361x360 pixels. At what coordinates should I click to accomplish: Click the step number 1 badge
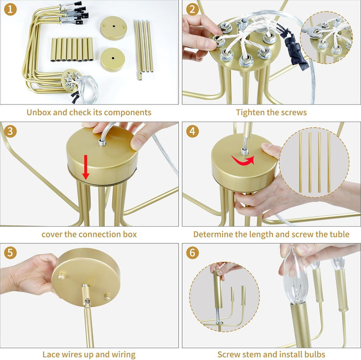pyautogui.click(x=10, y=10)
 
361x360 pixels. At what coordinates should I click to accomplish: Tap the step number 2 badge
pyautogui.click(x=192, y=10)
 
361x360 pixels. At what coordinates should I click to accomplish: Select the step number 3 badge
pyautogui.click(x=10, y=131)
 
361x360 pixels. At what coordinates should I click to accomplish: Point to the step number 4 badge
pyautogui.click(x=192, y=131)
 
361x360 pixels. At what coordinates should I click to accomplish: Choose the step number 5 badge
pyautogui.click(x=10, y=253)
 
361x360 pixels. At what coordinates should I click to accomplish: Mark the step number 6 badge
pyautogui.click(x=192, y=253)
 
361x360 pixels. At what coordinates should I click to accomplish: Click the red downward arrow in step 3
pyautogui.click(x=86, y=167)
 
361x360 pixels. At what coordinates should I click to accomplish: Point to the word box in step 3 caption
pyautogui.click(x=130, y=234)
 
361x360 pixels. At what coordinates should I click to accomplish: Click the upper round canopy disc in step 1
pyautogui.click(x=114, y=28)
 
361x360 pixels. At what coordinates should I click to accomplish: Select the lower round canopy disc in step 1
pyautogui.click(x=113, y=60)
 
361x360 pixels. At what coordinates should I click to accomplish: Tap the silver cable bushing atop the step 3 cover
pyautogui.click(x=102, y=142)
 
